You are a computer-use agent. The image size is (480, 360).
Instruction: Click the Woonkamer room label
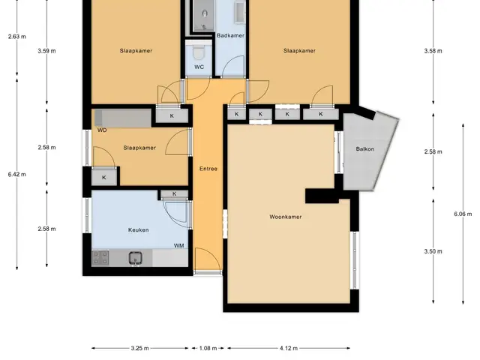click(x=285, y=217)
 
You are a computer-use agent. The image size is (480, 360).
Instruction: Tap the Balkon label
click(x=365, y=149)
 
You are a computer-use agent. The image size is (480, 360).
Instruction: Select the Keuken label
click(x=138, y=230)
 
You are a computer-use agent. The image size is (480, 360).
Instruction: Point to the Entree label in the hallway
click(x=208, y=169)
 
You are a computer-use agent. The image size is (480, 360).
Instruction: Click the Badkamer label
click(x=230, y=35)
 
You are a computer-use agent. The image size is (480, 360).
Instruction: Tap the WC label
click(x=199, y=67)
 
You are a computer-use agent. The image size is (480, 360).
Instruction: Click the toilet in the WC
click(x=199, y=52)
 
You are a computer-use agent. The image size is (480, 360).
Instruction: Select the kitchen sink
click(x=135, y=258)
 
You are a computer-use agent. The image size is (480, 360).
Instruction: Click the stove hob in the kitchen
click(x=100, y=258)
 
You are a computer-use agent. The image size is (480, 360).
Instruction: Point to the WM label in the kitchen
click(x=178, y=245)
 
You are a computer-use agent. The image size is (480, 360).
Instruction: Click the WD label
click(x=102, y=130)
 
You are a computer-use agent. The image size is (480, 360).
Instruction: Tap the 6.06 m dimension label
click(x=463, y=214)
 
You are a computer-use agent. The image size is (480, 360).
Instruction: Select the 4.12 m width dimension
click(x=288, y=348)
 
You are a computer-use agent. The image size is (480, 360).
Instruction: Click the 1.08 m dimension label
click(x=208, y=348)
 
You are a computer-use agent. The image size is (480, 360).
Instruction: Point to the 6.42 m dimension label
click(x=16, y=175)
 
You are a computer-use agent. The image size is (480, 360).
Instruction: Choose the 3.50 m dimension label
click(x=433, y=251)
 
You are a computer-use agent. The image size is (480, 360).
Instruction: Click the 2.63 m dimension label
click(x=16, y=37)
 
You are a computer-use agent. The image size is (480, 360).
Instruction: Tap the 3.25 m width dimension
click(x=139, y=348)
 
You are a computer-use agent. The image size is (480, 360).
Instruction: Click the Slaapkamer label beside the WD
click(x=139, y=148)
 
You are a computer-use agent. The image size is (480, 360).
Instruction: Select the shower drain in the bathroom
click(x=204, y=28)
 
